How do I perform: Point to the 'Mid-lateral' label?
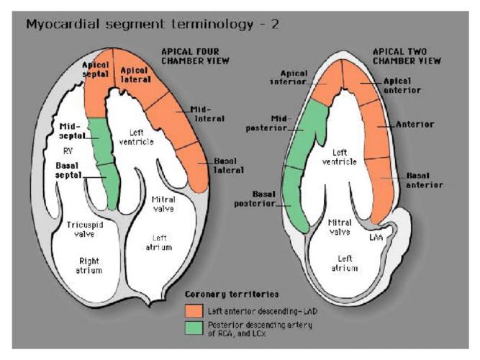[207, 113]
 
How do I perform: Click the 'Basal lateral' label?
[228, 165]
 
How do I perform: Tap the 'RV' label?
[70, 153]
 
